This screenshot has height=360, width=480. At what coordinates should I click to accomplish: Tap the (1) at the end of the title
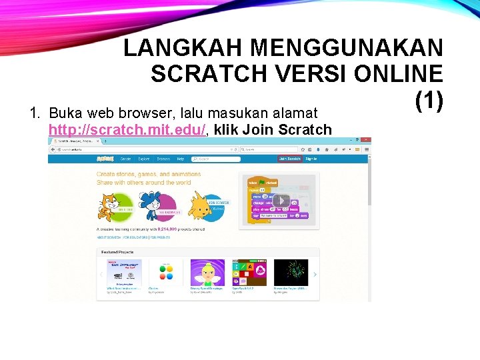(429, 100)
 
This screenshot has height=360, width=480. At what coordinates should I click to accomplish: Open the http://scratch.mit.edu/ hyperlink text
(127, 129)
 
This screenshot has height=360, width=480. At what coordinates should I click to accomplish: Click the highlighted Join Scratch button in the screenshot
(289, 159)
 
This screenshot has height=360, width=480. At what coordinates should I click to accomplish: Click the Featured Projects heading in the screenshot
(117, 253)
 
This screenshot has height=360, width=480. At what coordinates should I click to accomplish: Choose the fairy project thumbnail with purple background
(207, 273)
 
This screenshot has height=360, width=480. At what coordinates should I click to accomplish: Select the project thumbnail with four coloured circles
(170, 273)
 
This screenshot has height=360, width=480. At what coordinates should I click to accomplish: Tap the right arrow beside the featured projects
(315, 274)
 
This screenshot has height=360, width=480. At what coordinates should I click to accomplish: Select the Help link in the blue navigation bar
(180, 159)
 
